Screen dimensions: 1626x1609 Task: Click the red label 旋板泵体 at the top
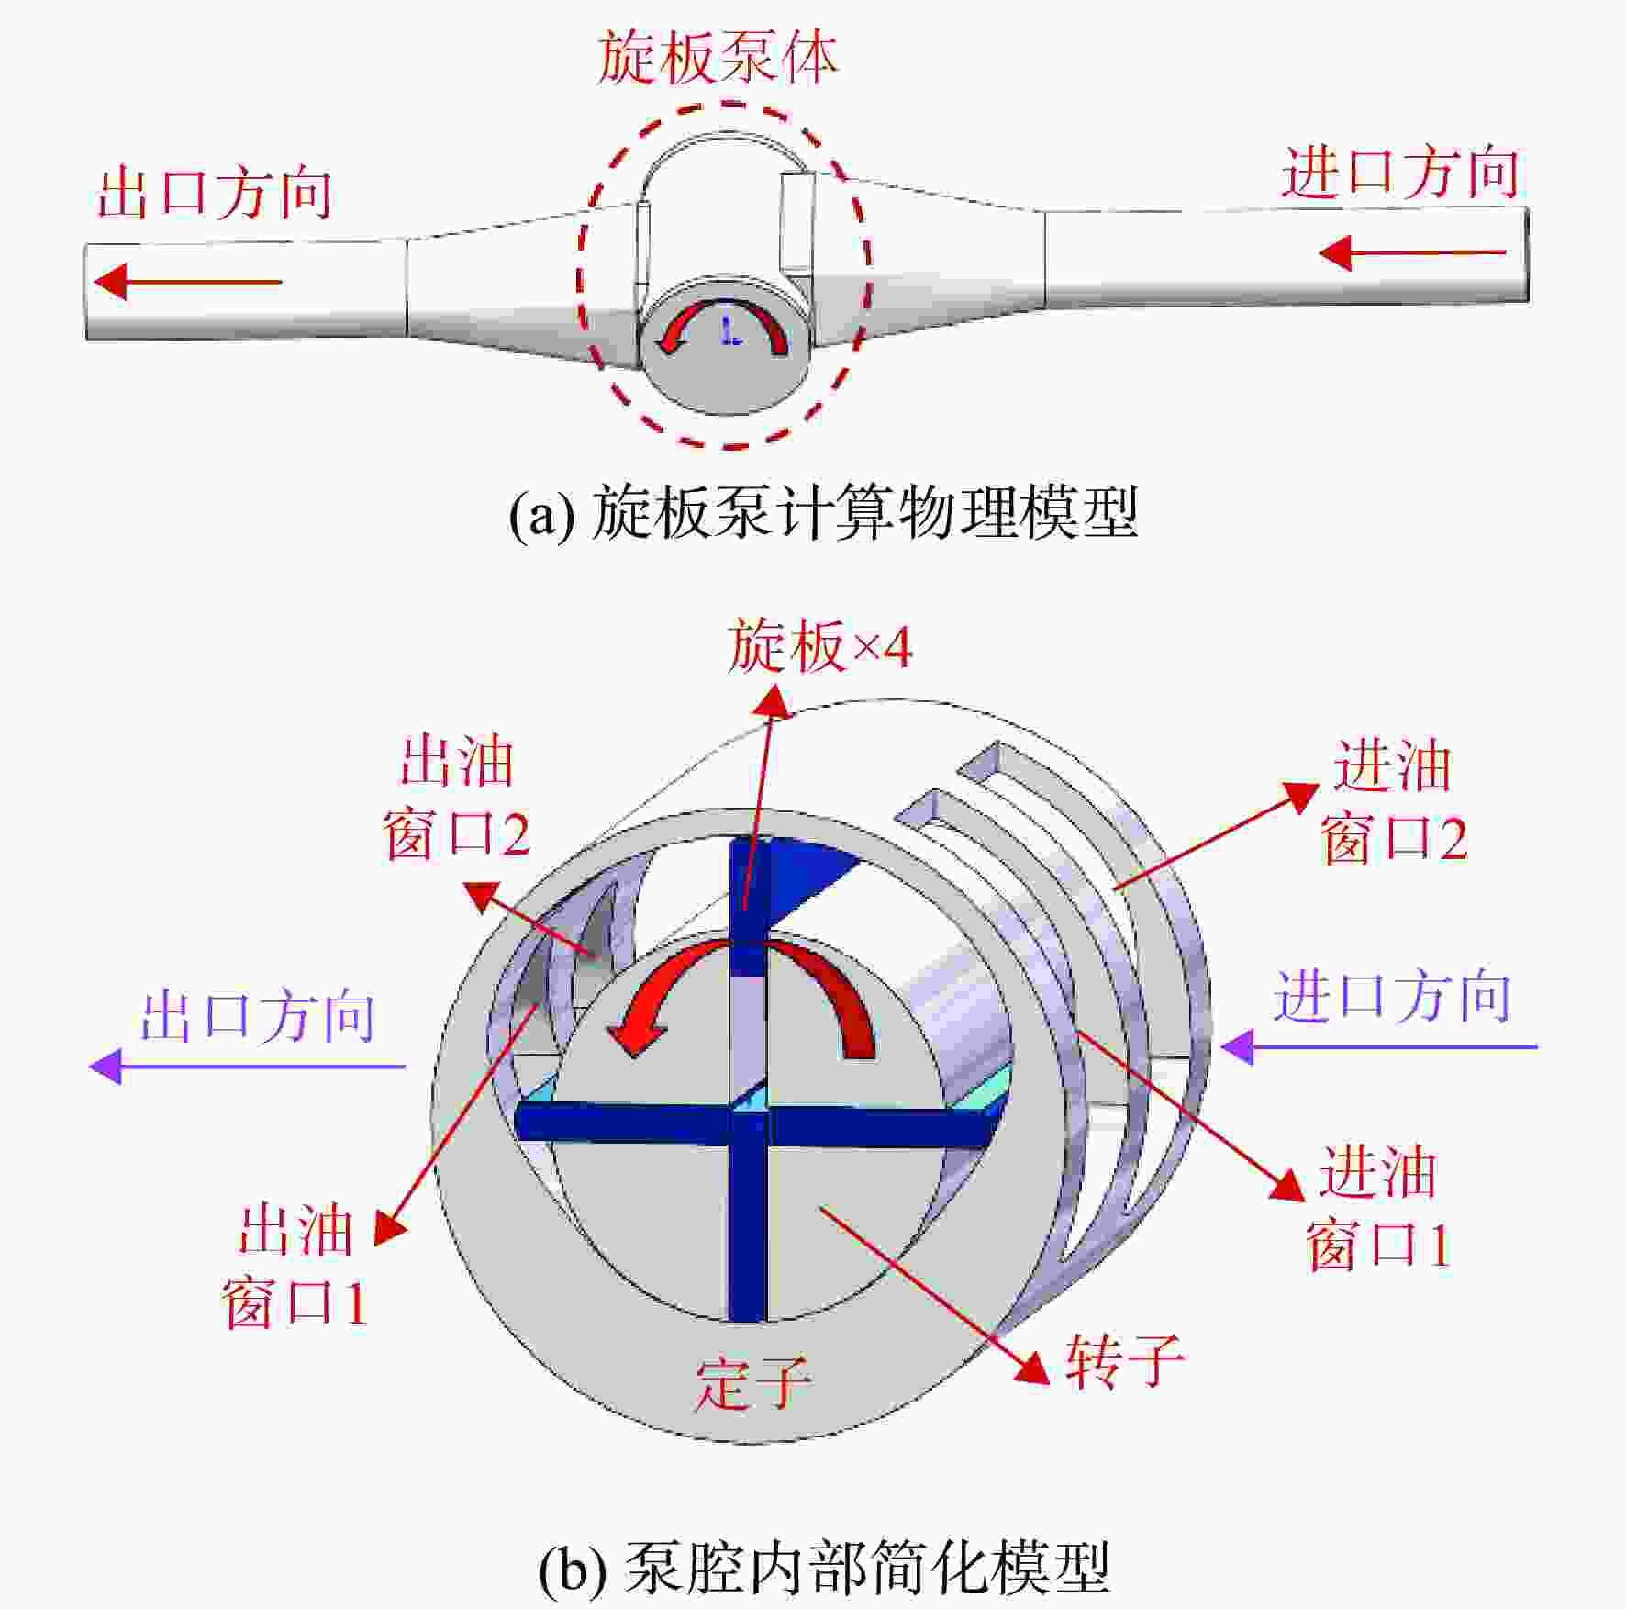(718, 59)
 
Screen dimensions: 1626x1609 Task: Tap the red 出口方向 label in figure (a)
(215, 194)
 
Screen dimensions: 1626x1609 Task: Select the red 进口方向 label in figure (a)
(1399, 173)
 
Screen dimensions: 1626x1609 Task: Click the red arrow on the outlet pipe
(187, 282)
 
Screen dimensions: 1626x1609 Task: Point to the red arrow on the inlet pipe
(1412, 252)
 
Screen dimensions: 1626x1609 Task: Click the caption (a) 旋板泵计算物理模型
(823, 513)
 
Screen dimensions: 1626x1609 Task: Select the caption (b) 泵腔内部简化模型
(823, 1568)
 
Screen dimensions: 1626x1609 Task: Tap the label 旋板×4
(819, 646)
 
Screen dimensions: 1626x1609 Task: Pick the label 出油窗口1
(295, 1267)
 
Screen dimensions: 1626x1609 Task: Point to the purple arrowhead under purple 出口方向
(106, 1067)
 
